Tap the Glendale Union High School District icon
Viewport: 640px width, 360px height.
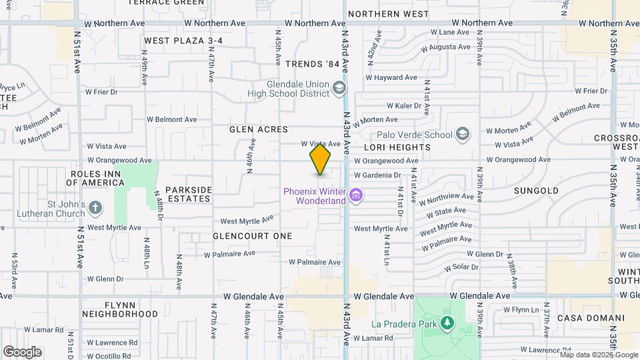339,88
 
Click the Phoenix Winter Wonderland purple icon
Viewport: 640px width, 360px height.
356,195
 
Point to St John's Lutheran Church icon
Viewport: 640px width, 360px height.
95,208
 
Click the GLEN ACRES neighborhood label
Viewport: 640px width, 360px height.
259,129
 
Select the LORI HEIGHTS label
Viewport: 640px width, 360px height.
397,147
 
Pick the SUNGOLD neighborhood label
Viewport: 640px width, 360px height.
537,191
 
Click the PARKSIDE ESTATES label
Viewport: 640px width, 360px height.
189,195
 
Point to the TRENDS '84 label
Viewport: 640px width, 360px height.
312,64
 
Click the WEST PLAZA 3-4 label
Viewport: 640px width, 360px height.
183,41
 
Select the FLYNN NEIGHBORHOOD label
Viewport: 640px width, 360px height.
120,309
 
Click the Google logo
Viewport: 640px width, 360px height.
22,352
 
